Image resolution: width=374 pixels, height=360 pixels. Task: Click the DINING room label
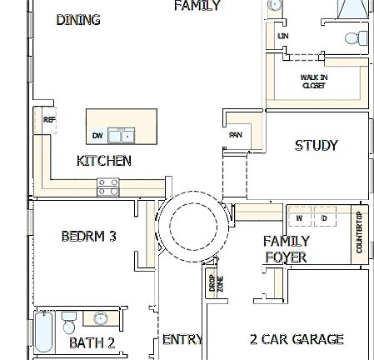78,20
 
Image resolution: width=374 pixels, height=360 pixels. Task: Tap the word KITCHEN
103,161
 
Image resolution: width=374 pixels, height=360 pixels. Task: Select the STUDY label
317,145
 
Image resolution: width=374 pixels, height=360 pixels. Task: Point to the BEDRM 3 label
88,236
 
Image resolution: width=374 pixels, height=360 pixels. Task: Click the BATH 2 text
92,342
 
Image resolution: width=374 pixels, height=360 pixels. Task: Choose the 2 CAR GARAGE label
297,339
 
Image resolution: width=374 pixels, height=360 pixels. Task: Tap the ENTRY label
182,339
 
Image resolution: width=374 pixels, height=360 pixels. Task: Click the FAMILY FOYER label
286,249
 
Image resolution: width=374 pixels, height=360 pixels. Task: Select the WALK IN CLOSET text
313,81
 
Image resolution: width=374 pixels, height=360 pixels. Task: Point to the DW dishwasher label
97,136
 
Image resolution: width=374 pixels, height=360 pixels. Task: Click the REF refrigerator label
49,119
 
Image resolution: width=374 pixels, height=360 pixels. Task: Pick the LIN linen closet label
282,37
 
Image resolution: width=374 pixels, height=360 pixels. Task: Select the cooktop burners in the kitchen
108,187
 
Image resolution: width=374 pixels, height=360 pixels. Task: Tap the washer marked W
298,218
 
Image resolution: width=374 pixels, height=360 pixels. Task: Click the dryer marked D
324,218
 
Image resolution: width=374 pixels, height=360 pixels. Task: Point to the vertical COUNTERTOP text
360,233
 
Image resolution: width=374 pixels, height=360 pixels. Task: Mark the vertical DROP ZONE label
211,283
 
